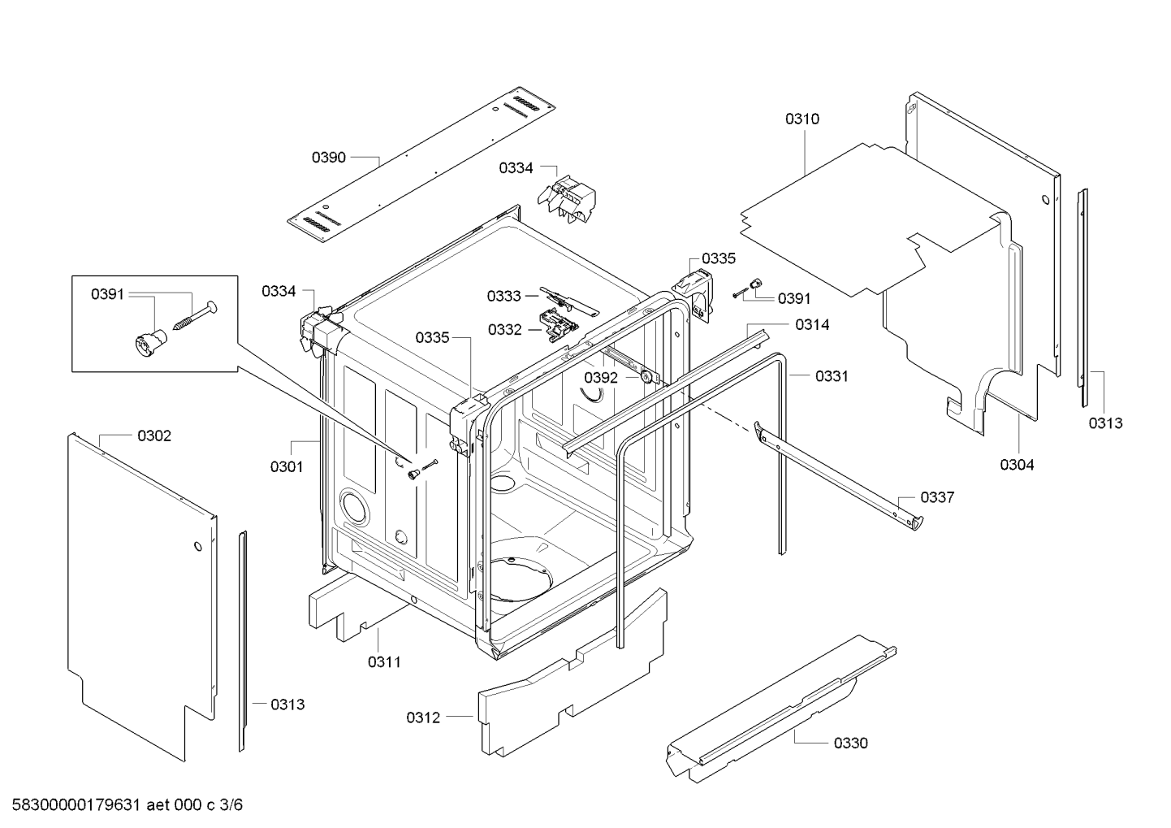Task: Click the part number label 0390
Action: point(329,158)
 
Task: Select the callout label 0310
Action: point(802,119)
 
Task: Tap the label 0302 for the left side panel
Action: point(154,436)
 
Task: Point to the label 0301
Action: point(287,466)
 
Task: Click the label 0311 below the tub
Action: point(384,662)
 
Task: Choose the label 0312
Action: point(423,717)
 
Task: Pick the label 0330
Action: point(850,743)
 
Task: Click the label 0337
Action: point(937,497)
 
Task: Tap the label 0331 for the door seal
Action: point(832,376)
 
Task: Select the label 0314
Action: point(812,325)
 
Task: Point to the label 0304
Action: point(1017,465)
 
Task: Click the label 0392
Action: point(601,378)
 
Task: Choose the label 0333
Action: point(504,296)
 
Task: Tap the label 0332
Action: point(505,330)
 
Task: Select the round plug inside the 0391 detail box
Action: point(147,342)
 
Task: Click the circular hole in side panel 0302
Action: point(198,546)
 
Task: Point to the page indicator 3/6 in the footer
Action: point(231,805)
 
